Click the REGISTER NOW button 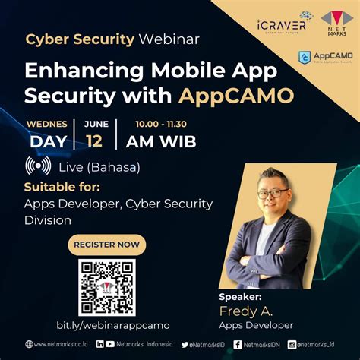coord(106,245)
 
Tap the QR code coord(106,287)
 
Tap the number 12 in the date coord(94,141)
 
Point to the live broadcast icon coord(38,166)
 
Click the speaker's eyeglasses coord(273,192)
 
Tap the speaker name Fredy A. coord(245,311)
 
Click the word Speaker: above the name coord(240,297)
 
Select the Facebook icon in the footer coord(238,344)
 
